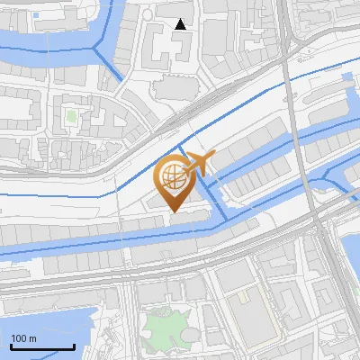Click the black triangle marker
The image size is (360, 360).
[x=180, y=24]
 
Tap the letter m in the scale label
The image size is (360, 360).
[x=33, y=338]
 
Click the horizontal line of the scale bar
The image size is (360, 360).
[x=42, y=346]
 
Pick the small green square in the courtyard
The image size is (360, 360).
[x=71, y=116]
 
